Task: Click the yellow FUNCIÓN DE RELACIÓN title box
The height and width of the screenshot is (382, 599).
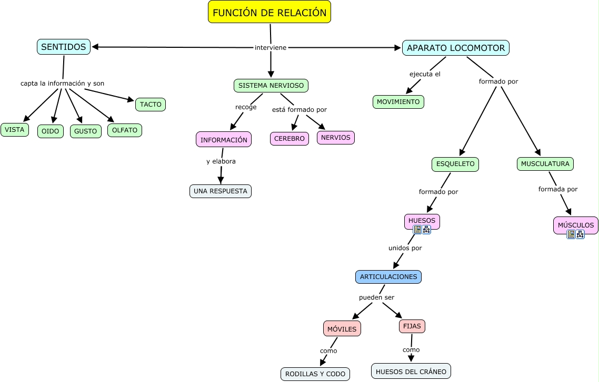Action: tap(269, 12)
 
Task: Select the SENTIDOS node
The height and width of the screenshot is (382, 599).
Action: tap(64, 47)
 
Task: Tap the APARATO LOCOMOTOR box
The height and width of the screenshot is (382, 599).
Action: tap(456, 48)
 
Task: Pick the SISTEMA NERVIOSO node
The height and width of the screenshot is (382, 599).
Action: tap(271, 85)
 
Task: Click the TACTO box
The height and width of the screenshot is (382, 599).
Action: tap(151, 105)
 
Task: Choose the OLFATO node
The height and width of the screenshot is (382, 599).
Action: tap(125, 130)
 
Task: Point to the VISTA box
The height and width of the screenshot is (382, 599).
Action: tap(15, 130)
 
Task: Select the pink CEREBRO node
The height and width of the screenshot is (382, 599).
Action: tap(289, 138)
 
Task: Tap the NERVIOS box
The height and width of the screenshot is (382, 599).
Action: tap(336, 137)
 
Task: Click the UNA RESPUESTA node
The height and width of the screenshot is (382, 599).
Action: tap(221, 191)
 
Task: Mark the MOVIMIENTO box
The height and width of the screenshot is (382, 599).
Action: tap(398, 101)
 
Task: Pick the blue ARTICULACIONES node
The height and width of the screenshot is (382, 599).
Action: tap(388, 276)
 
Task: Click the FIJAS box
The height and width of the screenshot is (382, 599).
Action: tap(412, 326)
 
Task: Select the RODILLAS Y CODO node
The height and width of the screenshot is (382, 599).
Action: tap(315, 374)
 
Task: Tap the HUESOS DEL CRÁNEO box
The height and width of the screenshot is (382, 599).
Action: tap(411, 371)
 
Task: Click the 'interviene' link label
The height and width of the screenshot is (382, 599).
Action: tap(271, 47)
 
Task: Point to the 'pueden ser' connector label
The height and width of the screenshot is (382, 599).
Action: tap(377, 297)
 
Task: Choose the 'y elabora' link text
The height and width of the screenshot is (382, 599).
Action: tap(221, 161)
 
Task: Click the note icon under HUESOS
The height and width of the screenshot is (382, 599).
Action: tap(417, 230)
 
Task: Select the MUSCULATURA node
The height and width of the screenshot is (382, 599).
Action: tap(545, 164)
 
